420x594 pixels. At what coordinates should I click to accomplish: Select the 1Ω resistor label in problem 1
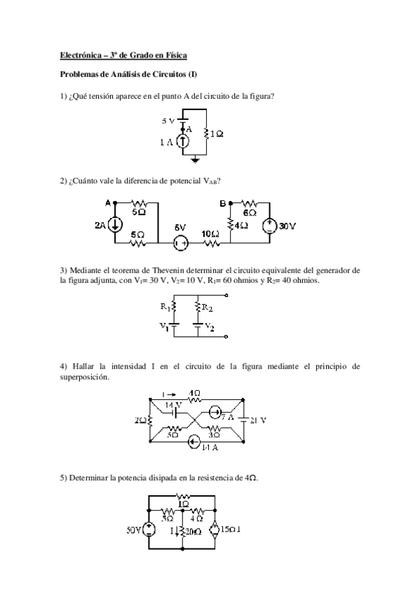216,133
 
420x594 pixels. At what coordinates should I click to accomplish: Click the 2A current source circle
115,224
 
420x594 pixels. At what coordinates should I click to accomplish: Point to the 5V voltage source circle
180,244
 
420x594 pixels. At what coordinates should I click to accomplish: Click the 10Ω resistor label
210,233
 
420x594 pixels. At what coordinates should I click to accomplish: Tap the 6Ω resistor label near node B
248,212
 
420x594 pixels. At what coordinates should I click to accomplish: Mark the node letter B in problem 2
222,203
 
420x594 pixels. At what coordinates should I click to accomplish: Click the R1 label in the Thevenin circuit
165,305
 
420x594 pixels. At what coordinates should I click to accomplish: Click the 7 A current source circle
217,413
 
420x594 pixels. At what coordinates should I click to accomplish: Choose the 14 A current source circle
194,441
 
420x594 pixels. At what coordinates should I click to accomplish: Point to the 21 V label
257,420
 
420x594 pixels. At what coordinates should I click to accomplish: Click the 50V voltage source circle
149,530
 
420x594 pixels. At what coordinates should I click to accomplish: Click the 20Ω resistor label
191,532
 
